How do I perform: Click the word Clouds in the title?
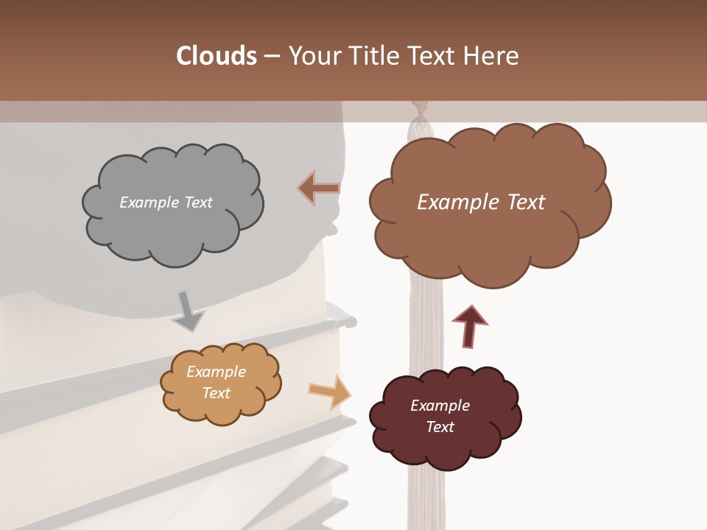217,56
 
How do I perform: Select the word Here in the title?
493,56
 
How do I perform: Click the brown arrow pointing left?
318,188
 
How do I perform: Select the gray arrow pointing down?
189,312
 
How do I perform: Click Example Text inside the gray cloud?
166,202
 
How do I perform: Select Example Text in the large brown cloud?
481,202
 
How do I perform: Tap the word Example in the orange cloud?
217,372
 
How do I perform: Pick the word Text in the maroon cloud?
440,427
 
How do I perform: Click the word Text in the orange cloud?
217,393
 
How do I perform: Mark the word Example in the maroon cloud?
440,406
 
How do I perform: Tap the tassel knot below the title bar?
419,118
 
